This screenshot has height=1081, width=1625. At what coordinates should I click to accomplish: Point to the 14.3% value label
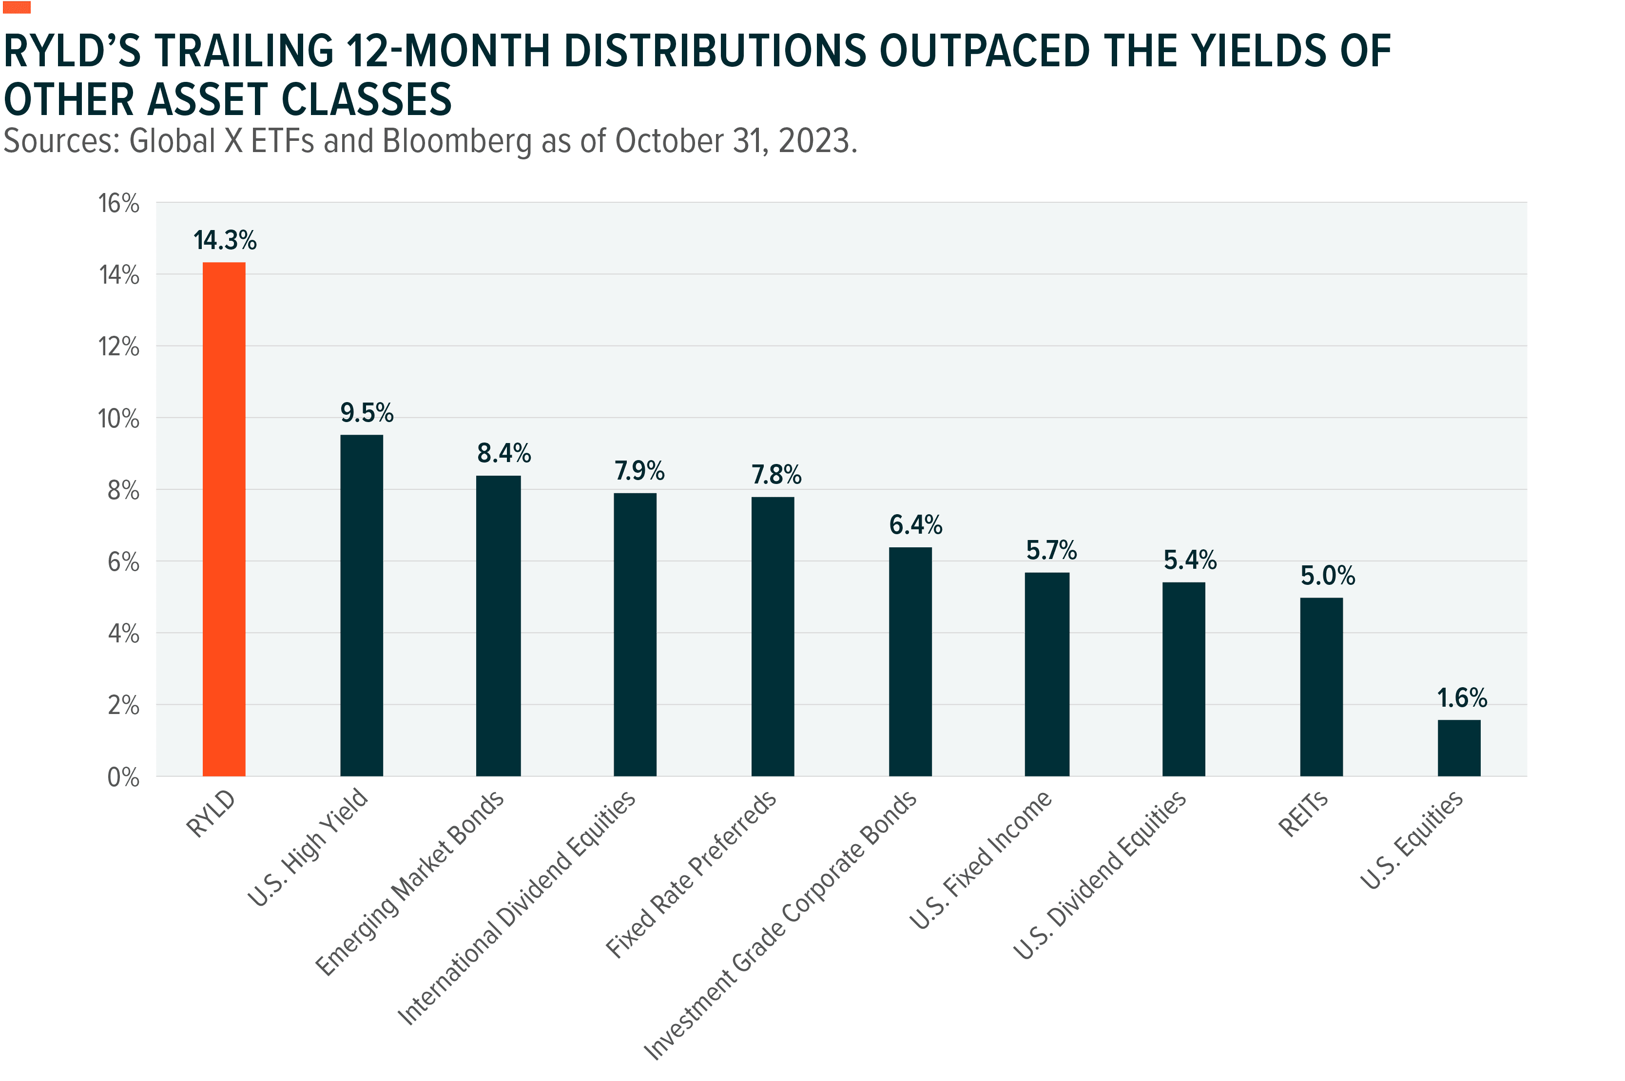pos(225,241)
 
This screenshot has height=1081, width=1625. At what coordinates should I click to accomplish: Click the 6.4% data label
pos(915,525)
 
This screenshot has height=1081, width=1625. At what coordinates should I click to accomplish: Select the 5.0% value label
pos(1327,576)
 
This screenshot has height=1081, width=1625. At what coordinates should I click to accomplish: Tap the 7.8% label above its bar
pos(776,475)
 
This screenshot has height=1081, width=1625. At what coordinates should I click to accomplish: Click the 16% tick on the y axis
pos(119,204)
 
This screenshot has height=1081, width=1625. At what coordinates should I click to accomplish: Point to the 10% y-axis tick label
pos(119,419)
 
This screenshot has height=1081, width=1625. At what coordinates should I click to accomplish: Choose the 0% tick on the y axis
pos(123,778)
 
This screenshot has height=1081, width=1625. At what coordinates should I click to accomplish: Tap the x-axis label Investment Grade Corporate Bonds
pos(780,924)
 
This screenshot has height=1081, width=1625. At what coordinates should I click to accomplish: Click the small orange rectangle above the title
pos(17,8)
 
